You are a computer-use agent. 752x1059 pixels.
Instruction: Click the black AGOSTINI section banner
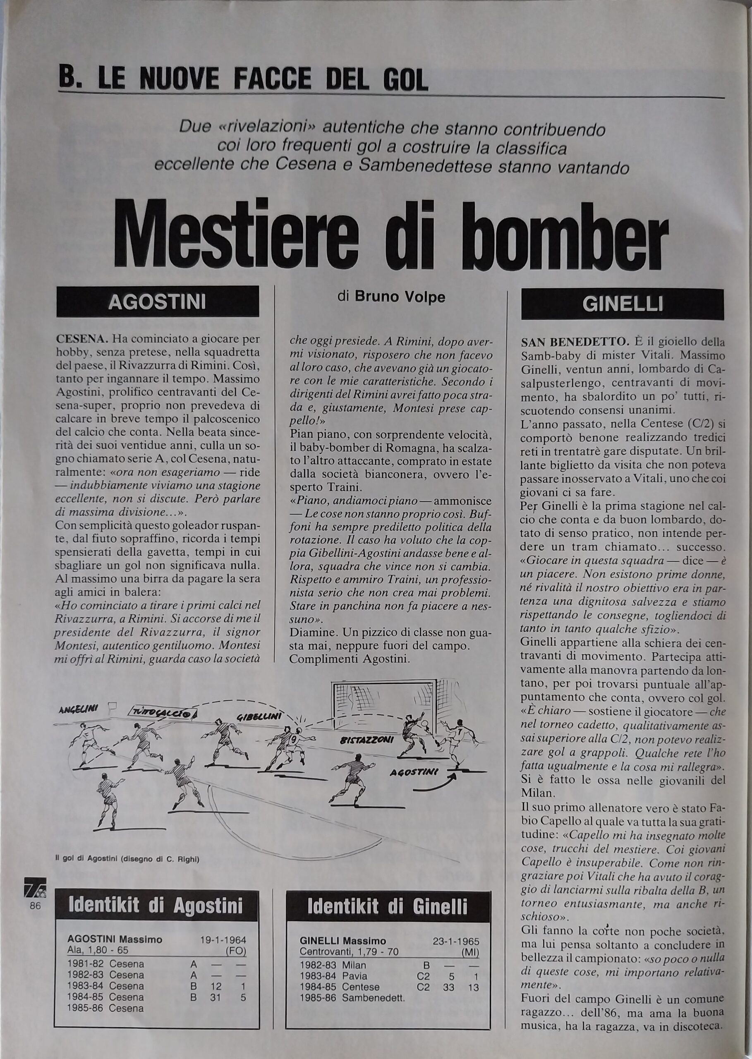tap(158, 302)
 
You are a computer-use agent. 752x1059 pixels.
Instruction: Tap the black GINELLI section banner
tap(622, 304)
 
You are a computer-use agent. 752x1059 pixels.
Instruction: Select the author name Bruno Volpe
tap(400, 297)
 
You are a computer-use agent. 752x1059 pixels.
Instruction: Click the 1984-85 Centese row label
tap(340, 974)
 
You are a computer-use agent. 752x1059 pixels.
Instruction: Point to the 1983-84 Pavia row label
tap(333, 963)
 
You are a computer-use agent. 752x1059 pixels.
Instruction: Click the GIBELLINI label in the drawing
tap(260, 717)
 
